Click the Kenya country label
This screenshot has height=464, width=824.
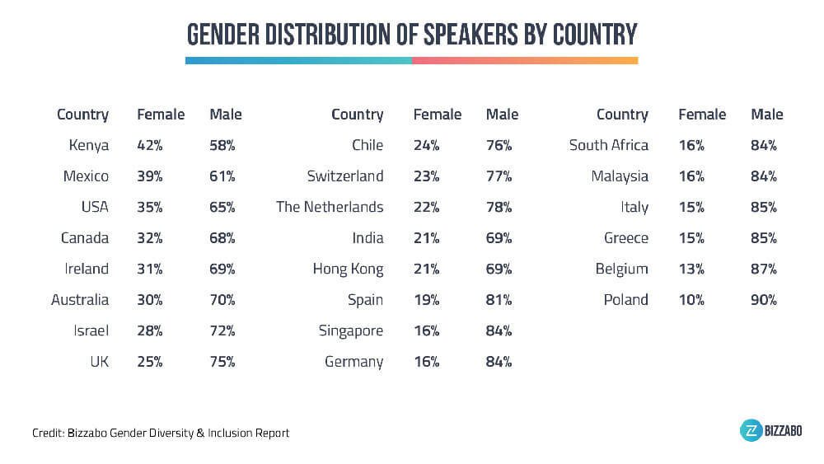[x=89, y=145]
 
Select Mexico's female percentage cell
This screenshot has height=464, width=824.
[x=150, y=176]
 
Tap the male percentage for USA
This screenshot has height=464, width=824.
[x=222, y=207]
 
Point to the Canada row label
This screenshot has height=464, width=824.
[x=85, y=238]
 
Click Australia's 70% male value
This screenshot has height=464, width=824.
[x=222, y=300]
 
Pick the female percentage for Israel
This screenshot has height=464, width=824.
[x=150, y=330]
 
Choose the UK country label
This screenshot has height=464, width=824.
[x=98, y=361]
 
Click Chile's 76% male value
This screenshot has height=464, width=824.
[x=499, y=145]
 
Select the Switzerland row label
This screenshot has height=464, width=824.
[x=346, y=176]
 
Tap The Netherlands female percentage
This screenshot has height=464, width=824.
[x=426, y=207]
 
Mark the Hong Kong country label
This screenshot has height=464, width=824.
[x=348, y=269]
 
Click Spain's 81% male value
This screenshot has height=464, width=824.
[x=499, y=300]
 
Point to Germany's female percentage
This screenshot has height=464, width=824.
[x=426, y=361]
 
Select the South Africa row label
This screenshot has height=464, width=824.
[x=609, y=145]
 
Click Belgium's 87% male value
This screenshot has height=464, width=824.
[x=764, y=269]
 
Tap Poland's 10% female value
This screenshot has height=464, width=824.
[x=691, y=300]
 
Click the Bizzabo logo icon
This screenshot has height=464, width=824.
[x=751, y=431]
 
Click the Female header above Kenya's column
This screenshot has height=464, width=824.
[x=161, y=115]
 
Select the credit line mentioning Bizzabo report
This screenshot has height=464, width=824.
[x=161, y=433]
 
